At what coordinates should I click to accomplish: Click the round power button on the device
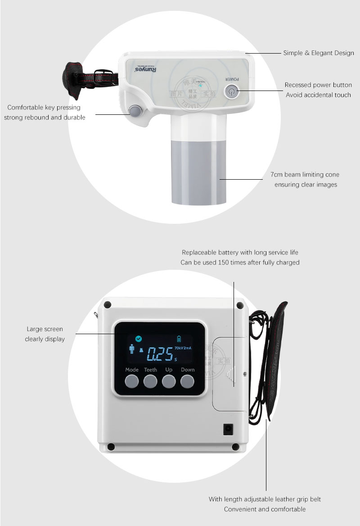coord(231,92)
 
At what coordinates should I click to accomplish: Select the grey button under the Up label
coord(169,381)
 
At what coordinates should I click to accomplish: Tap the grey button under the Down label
coord(187,381)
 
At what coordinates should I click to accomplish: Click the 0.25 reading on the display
coord(160,354)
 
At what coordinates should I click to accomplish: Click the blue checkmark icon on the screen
coord(138,339)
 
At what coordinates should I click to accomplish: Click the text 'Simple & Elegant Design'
coord(318,53)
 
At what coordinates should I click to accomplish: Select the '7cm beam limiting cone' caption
coord(305,175)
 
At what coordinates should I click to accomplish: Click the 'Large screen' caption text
coord(45,329)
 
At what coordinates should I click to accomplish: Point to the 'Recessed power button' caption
coord(318,85)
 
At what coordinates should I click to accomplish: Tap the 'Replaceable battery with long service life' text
coord(240,253)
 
